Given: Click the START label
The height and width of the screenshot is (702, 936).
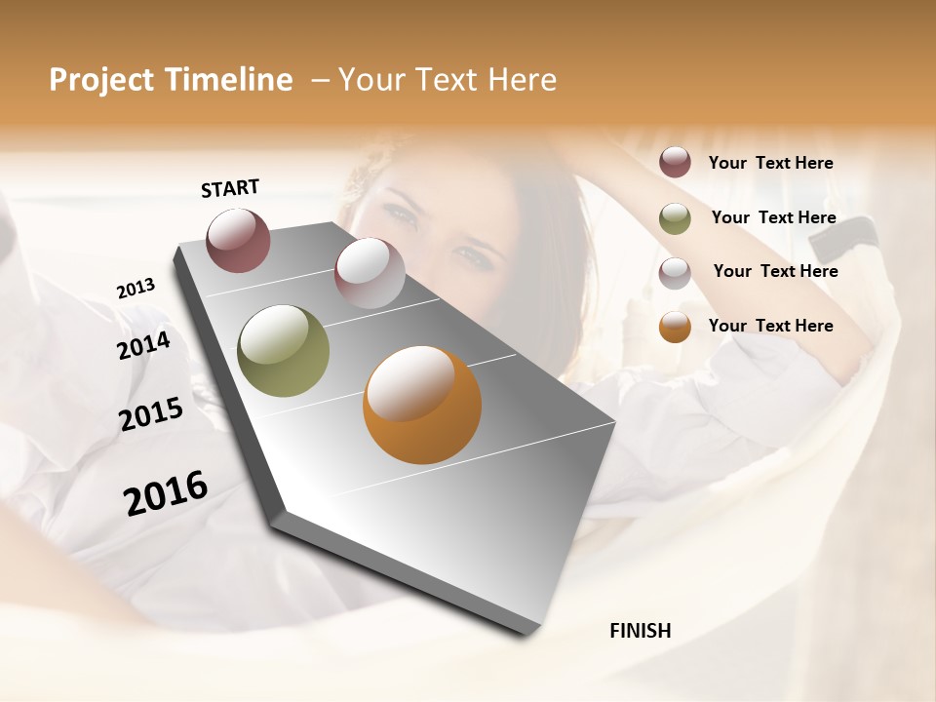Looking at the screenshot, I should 230,188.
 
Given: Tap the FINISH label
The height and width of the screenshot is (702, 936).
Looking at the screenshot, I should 640,631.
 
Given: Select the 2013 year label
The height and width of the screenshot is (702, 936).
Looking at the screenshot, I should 136,289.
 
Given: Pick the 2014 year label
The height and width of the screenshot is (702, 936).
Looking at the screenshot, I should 144,345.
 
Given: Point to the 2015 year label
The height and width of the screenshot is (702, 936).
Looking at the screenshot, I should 151,414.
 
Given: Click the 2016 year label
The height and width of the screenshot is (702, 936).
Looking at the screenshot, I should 166,493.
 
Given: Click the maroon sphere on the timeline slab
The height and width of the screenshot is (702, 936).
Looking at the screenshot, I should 239,240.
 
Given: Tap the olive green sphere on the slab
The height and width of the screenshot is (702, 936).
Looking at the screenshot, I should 283,351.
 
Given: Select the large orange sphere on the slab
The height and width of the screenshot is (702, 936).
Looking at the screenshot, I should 422,405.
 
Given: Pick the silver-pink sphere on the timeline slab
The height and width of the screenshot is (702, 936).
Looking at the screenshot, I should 370,273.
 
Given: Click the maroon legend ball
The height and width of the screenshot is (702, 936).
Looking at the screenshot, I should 675,162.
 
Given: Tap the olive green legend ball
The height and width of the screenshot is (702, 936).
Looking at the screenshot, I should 675,218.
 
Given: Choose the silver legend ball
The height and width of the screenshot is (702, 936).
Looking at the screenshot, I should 675,273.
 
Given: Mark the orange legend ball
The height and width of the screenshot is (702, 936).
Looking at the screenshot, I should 675,327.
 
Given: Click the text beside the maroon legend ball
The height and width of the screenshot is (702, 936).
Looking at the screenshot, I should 770,164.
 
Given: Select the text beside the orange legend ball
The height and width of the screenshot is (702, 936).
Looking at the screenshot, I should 770,326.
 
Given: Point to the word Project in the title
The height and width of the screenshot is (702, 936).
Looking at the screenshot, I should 100,80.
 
